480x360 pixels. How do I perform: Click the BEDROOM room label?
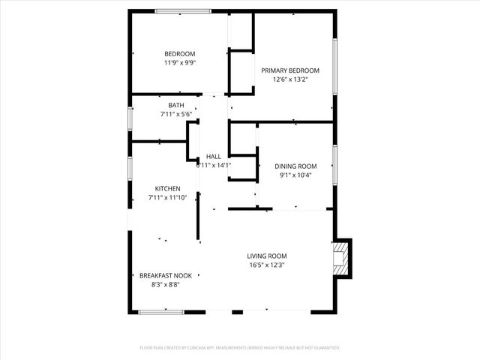(x=180, y=53)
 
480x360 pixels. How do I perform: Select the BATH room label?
(x=176, y=106)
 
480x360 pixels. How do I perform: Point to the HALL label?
(x=214, y=156)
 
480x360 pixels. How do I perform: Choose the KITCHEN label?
(x=167, y=188)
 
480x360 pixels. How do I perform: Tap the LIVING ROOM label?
(x=267, y=256)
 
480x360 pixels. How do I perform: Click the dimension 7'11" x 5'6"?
(x=176, y=115)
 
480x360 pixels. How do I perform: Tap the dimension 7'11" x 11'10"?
(x=167, y=197)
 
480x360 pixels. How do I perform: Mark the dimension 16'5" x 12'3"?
(x=267, y=265)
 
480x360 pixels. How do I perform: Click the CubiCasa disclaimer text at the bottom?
(x=240, y=348)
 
